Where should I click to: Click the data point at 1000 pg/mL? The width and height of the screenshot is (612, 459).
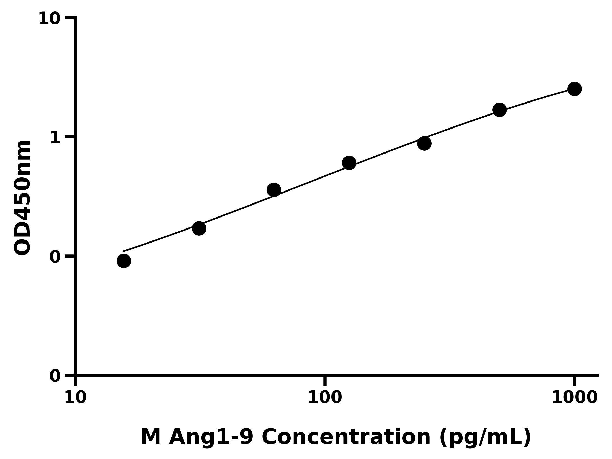coord(575,89)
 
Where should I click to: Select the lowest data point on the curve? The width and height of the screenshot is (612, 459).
coord(124,261)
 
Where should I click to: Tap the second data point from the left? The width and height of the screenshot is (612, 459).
coord(199,228)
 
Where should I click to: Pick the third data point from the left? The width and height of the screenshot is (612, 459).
coord(274,190)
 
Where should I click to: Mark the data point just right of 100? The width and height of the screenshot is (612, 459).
coord(349,163)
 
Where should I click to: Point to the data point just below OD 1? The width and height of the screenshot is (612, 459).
coord(424,143)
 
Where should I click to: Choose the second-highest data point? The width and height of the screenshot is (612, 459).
coord(500,110)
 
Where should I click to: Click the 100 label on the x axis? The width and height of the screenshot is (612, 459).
coord(325,398)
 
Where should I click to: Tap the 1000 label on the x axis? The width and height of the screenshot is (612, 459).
coord(574,398)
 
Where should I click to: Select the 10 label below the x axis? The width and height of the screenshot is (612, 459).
coord(75,398)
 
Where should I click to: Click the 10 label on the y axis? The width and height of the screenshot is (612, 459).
coord(49,19)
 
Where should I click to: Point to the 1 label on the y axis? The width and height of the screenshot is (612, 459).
coord(55,138)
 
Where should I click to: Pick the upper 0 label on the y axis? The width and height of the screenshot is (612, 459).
coord(55,257)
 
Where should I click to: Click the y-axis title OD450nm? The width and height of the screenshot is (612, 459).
coord(22,198)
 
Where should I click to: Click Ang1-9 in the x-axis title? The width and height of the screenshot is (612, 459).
coord(211,437)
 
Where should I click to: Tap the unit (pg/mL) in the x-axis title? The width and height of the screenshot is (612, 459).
coord(485,437)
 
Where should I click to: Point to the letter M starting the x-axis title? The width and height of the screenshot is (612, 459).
coord(150,437)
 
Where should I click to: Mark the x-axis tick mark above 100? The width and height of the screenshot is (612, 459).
coord(325,381)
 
